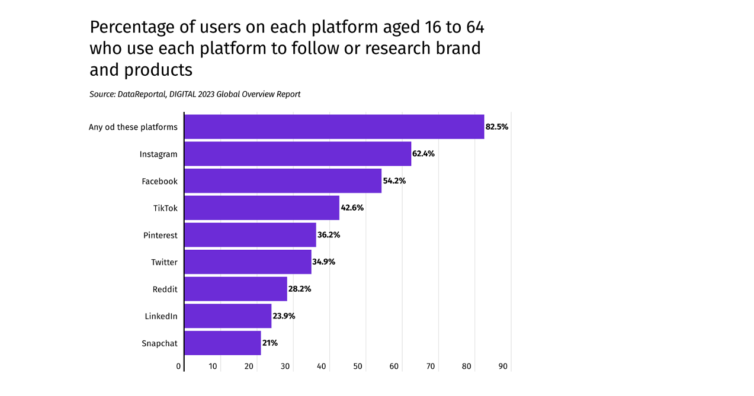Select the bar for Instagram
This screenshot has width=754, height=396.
click(x=297, y=154)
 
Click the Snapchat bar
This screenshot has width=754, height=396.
click(x=223, y=343)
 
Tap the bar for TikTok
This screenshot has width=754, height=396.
click(x=262, y=208)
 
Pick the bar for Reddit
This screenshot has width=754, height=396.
click(x=236, y=289)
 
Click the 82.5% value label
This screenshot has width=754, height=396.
click(x=497, y=127)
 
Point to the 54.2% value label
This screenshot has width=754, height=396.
click(x=394, y=181)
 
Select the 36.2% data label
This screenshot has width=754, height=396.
click(x=329, y=235)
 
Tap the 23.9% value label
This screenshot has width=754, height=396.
click(x=284, y=316)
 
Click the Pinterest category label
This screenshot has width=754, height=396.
click(x=160, y=235)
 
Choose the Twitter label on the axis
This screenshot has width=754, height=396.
click(x=164, y=262)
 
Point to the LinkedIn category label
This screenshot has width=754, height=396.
click(x=161, y=316)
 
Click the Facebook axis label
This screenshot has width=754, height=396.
click(x=159, y=181)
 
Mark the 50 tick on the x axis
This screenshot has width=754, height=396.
click(x=358, y=366)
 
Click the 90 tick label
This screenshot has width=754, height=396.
click(x=503, y=366)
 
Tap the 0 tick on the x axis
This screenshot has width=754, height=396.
click(x=179, y=366)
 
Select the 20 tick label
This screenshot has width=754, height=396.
click(x=249, y=366)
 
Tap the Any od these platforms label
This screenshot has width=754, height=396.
click(x=133, y=127)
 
